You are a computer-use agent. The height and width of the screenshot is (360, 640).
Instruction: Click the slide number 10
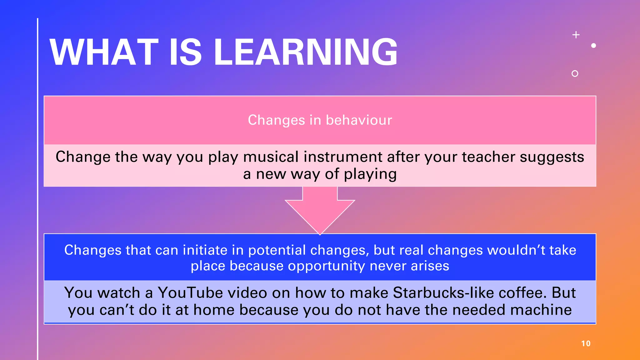586,343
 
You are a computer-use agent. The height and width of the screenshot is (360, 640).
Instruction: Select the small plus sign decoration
576,35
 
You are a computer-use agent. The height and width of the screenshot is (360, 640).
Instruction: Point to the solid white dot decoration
593,46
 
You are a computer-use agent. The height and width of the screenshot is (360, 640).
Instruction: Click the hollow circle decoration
575,73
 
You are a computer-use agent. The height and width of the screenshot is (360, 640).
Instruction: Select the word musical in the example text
271,157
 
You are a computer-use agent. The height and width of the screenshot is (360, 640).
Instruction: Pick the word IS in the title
185,52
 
